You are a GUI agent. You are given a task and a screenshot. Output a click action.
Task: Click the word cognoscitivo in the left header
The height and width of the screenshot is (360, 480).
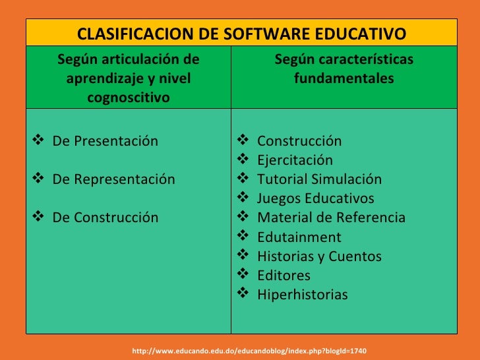pyautogui.click(x=128, y=98)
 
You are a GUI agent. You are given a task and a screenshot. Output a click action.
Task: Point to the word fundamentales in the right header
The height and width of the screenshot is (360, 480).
pyautogui.click(x=344, y=79)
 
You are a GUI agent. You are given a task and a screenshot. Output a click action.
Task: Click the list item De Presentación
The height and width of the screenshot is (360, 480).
pyautogui.click(x=105, y=141)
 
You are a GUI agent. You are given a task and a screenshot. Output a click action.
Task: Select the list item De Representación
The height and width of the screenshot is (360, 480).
pyautogui.click(x=113, y=179)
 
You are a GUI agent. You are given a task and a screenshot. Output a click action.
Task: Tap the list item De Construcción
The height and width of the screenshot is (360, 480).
pyautogui.click(x=105, y=218)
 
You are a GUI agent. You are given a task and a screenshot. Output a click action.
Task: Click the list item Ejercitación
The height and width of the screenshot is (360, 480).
pyautogui.click(x=295, y=160)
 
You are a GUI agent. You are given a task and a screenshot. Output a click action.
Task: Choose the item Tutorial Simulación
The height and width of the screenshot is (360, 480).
pyautogui.click(x=319, y=179)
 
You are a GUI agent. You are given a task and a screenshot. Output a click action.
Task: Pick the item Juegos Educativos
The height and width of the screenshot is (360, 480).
pyautogui.click(x=315, y=198)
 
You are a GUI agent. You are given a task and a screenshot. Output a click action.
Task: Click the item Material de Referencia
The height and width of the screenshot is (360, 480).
pyautogui.click(x=331, y=218)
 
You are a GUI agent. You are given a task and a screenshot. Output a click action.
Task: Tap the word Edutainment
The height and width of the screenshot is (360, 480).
pyautogui.click(x=299, y=237)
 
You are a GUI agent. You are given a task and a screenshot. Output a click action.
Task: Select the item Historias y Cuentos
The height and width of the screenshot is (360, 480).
pyautogui.click(x=319, y=256)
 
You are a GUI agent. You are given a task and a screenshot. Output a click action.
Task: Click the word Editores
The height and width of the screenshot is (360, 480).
pyautogui.click(x=284, y=276)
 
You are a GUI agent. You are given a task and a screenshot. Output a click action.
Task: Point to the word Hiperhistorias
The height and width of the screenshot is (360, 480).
pyautogui.click(x=302, y=295)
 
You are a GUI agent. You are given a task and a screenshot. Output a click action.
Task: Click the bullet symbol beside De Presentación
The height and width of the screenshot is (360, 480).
pyautogui.click(x=37, y=140)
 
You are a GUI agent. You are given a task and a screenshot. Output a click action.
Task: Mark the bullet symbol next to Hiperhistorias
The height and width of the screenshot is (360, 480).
pyautogui.click(x=243, y=294)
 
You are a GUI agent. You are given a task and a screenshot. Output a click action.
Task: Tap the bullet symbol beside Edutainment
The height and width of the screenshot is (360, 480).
pyautogui.click(x=243, y=236)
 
